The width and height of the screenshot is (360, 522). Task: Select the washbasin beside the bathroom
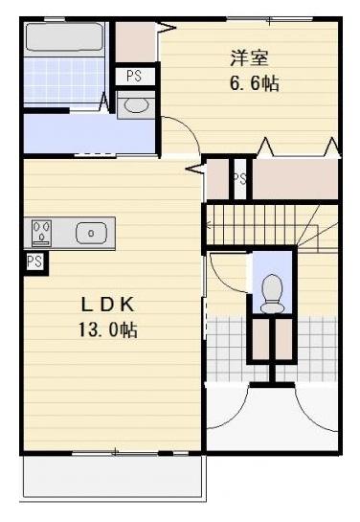(x=136, y=104)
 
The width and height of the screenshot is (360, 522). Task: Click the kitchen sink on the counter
(x=92, y=232)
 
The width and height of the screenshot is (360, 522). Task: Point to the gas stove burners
(x=42, y=232)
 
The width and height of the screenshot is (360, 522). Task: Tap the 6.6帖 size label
(x=253, y=83)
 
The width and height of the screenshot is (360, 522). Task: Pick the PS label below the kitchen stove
(x=34, y=261)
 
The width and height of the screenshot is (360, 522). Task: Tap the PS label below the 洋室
(x=238, y=179)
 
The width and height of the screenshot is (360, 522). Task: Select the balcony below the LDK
(x=112, y=476)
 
